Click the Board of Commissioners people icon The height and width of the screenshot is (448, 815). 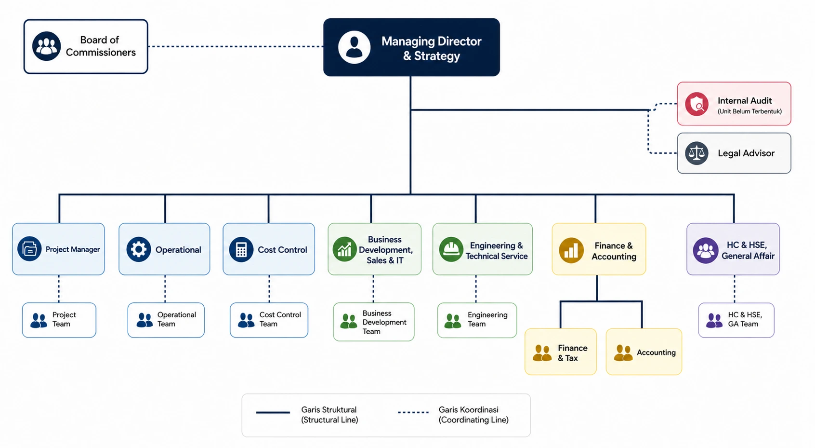tap(46, 46)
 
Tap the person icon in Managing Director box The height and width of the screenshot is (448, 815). tap(354, 47)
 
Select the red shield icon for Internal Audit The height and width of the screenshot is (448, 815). tap(697, 104)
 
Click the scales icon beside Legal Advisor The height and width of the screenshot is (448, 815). tap(697, 153)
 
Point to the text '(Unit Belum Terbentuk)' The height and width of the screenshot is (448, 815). tap(749, 111)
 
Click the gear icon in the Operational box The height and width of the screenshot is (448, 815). tap(139, 249)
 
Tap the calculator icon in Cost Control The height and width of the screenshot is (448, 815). tap(241, 249)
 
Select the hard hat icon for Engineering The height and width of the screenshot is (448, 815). tap(451, 249)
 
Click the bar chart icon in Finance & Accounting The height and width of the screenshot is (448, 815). tap(571, 250)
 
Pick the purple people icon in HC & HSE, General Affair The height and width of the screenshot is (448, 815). tap(706, 250)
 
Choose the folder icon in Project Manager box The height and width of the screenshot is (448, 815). tap(29, 249)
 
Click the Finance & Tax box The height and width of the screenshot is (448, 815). tap(561, 352)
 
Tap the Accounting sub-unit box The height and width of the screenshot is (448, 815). tap(644, 352)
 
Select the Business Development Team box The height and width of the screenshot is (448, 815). tap(374, 322)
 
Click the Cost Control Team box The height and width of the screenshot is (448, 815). tap(269, 320)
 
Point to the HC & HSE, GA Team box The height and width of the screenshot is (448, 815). tap(736, 320)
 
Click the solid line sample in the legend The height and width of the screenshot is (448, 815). tap(273, 412)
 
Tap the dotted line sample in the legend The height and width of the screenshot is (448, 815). tap(413, 412)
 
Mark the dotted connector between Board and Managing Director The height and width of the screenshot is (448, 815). tap(236, 46)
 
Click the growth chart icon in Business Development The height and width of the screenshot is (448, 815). tap(344, 249)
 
